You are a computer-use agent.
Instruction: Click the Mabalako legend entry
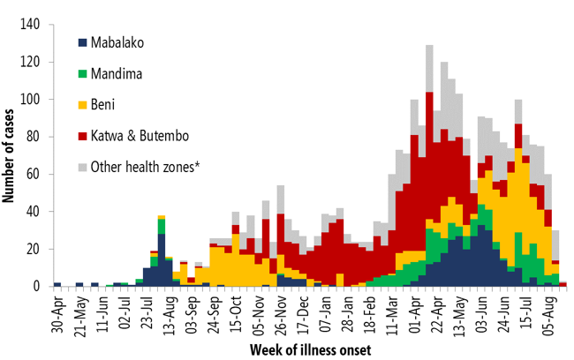pyautogui.click(x=115, y=41)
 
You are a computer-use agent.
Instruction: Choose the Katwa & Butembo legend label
pyautogui.click(x=139, y=135)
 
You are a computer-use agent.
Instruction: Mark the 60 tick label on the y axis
pyautogui.click(x=35, y=175)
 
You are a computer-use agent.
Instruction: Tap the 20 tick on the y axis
pyautogui.click(x=35, y=249)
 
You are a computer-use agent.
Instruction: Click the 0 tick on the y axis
pyautogui.click(x=38, y=287)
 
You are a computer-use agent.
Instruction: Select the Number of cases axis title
pyautogui.click(x=11, y=154)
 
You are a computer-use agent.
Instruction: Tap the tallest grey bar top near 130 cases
pyautogui.click(x=429, y=46)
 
